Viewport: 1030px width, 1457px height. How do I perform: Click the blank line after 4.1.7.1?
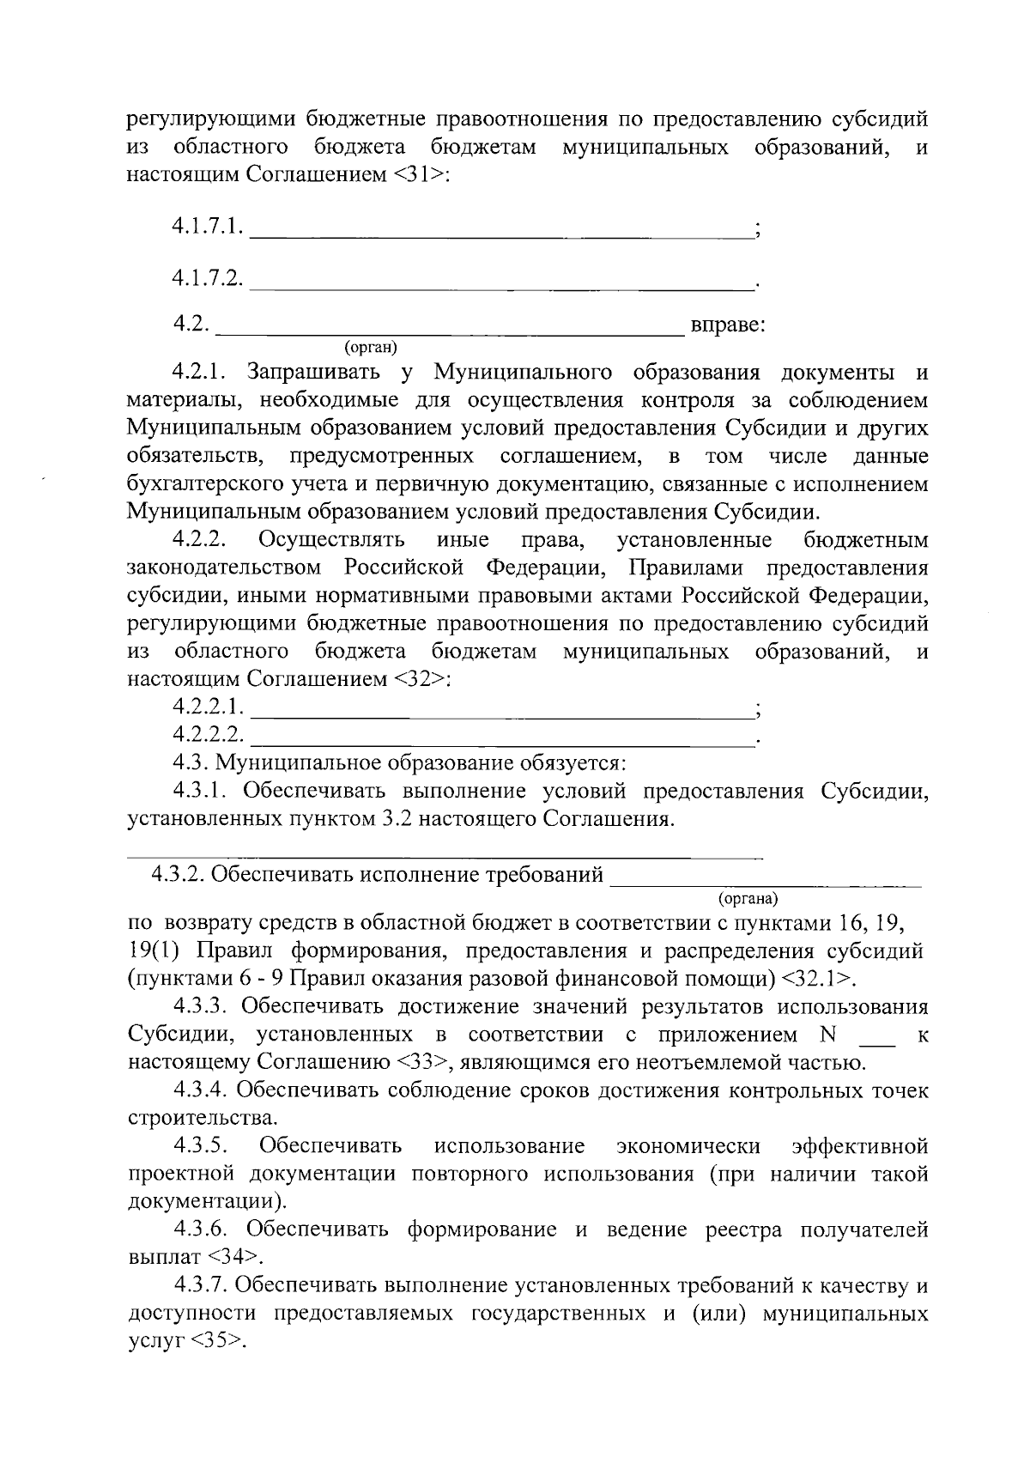pyautogui.click(x=502, y=234)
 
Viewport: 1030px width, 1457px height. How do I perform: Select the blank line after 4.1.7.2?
pyautogui.click(x=502, y=283)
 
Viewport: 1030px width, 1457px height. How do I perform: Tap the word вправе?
pyautogui.click(x=728, y=326)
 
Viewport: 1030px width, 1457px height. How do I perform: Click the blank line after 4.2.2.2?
pyautogui.click(x=502, y=739)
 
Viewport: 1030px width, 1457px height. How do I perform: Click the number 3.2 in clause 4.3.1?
pyautogui.click(x=392, y=819)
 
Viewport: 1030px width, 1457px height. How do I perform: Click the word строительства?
pyautogui.click(x=202, y=1119)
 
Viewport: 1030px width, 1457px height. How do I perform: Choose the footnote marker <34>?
pyautogui.click(x=233, y=1258)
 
